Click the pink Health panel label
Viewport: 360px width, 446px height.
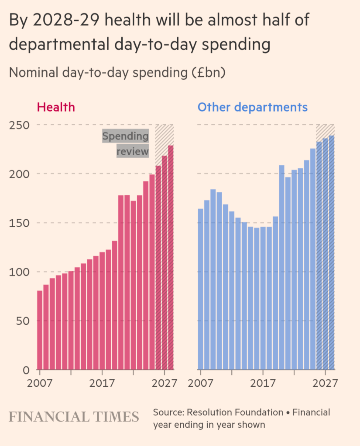(x=56, y=107)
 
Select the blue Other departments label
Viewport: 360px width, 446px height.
(x=253, y=107)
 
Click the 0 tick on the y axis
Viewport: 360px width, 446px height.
(x=26, y=370)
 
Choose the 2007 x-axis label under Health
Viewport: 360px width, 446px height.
(x=40, y=383)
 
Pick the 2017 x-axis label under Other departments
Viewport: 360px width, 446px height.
(x=263, y=383)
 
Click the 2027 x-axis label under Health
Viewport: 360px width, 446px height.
(x=165, y=383)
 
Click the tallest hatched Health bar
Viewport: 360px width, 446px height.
(x=171, y=257)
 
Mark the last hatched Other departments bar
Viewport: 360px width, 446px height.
(x=332, y=253)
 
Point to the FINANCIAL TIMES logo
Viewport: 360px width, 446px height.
(x=74, y=416)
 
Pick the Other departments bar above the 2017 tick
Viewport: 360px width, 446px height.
(x=263, y=299)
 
